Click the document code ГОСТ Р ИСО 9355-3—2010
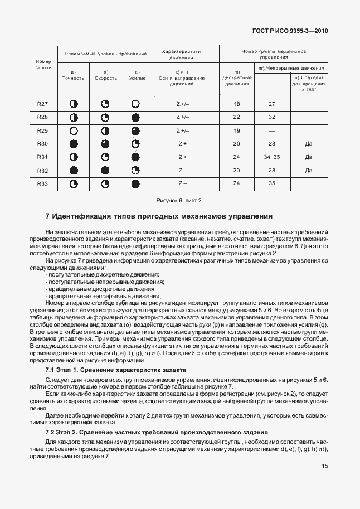[291, 31]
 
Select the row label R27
[42, 104]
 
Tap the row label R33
[42, 183]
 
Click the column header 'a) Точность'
[73, 75]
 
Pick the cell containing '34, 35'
[272, 157]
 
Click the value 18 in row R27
[236, 104]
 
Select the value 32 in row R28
[272, 117]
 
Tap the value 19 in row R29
[236, 130]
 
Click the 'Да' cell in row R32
[308, 170]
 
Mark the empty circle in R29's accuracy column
[73, 130]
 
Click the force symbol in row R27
[134, 104]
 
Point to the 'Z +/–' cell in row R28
[182, 117]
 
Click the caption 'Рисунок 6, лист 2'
[178, 200]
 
